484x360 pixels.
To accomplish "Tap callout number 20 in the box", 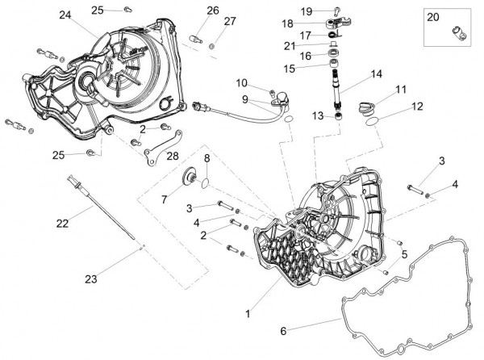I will [433, 17].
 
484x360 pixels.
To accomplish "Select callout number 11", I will [401, 89].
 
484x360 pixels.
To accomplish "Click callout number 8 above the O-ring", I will [207, 157].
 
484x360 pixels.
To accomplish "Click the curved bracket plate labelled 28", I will [161, 152].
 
